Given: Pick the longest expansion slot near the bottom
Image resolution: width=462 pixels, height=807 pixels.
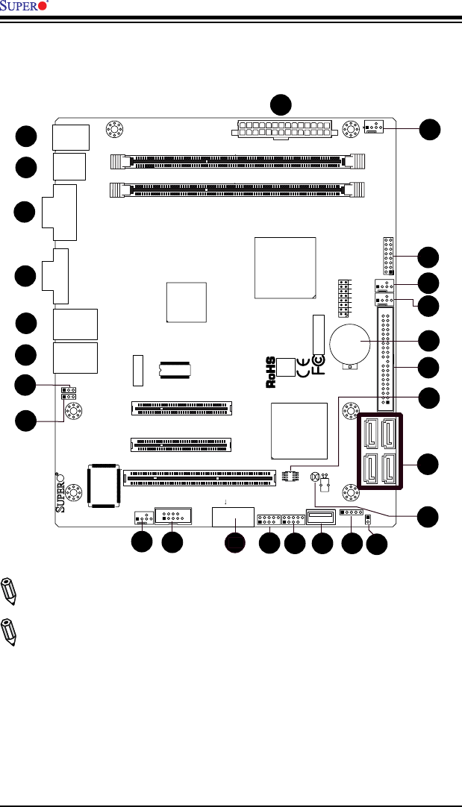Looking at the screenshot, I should (199, 475).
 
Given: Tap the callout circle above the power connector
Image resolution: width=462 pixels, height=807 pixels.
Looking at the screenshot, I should (281, 104).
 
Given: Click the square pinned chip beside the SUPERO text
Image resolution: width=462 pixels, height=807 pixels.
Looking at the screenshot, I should (104, 485).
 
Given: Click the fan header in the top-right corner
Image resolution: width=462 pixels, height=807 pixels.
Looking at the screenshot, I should (374, 128).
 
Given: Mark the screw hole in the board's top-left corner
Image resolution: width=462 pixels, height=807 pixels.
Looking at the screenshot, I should (114, 129).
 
